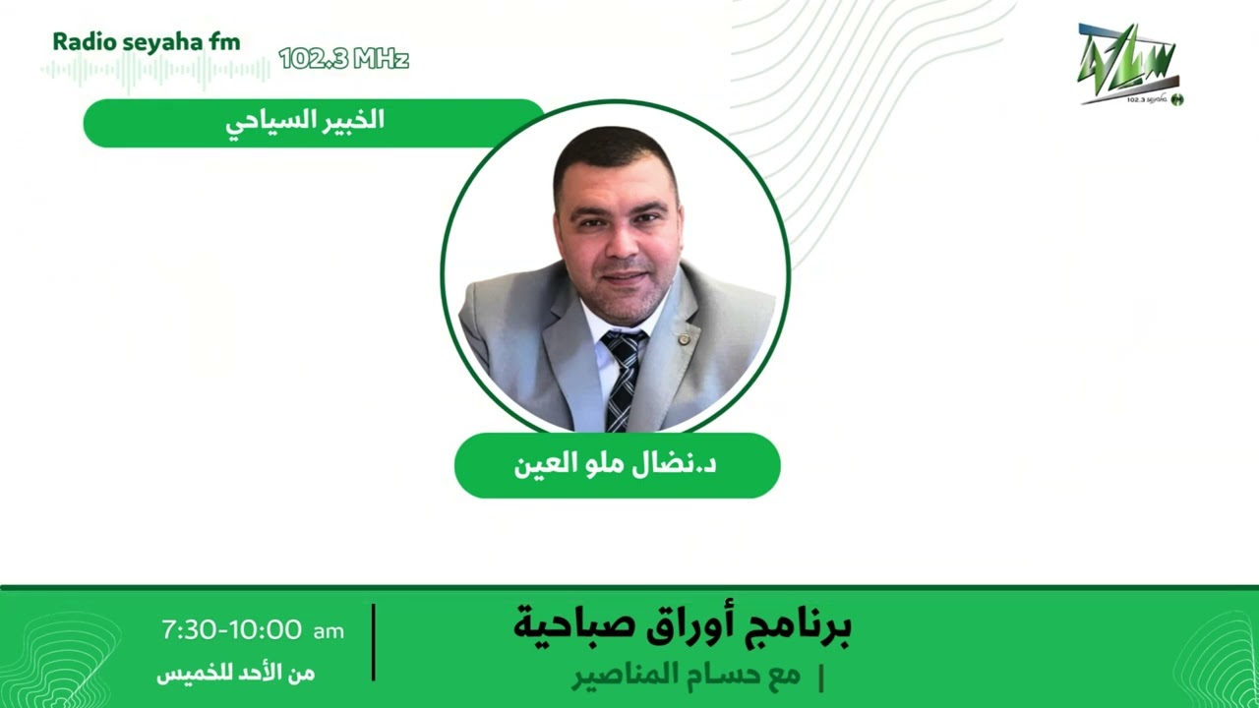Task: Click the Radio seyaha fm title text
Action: [146, 41]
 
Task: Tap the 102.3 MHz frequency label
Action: [343, 59]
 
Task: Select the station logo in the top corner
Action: [1129, 65]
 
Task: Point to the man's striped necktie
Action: [623, 379]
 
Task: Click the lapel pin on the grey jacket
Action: [684, 339]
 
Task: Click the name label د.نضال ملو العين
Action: [617, 465]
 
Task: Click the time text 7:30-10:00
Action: [231, 630]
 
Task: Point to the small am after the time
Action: [329, 631]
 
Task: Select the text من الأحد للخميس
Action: [236, 674]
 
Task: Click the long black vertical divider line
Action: [374, 642]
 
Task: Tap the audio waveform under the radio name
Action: [155, 71]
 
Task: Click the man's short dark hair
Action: [615, 152]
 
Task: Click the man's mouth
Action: [623, 279]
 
